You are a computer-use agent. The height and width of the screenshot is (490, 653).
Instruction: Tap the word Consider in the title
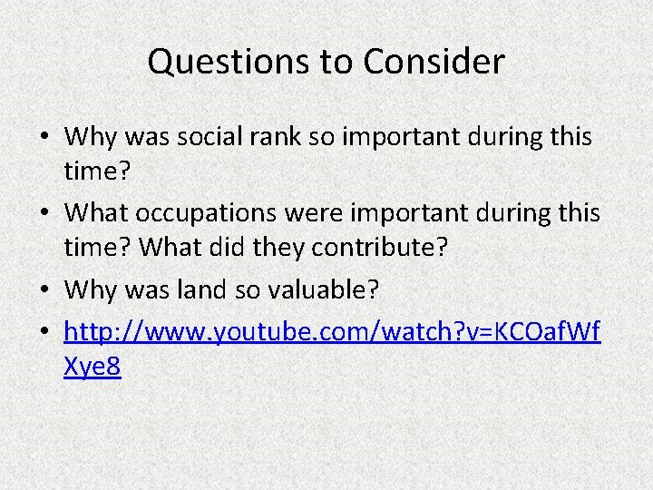pyautogui.click(x=434, y=62)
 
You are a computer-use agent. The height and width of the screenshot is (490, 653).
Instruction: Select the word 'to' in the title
pyautogui.click(x=338, y=62)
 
